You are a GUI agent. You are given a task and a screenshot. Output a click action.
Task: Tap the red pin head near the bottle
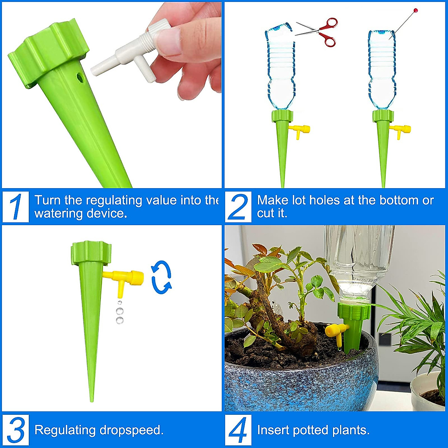click(x=416, y=10)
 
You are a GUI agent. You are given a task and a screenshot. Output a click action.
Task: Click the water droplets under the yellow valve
click(x=119, y=312)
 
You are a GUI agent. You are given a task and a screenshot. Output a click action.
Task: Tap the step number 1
click(x=16, y=206)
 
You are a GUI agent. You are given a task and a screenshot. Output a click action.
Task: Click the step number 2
click(x=238, y=206)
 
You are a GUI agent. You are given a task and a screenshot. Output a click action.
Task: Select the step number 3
click(x=16, y=430)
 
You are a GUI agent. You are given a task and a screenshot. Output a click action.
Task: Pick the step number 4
click(x=238, y=430)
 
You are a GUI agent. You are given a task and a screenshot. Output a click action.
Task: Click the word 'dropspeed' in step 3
click(x=131, y=430)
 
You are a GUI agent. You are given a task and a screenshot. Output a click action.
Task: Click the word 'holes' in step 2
click(x=324, y=200)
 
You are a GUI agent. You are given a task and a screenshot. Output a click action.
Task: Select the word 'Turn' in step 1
click(x=47, y=200)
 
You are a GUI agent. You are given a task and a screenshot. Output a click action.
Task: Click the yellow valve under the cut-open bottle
click(x=300, y=130)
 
